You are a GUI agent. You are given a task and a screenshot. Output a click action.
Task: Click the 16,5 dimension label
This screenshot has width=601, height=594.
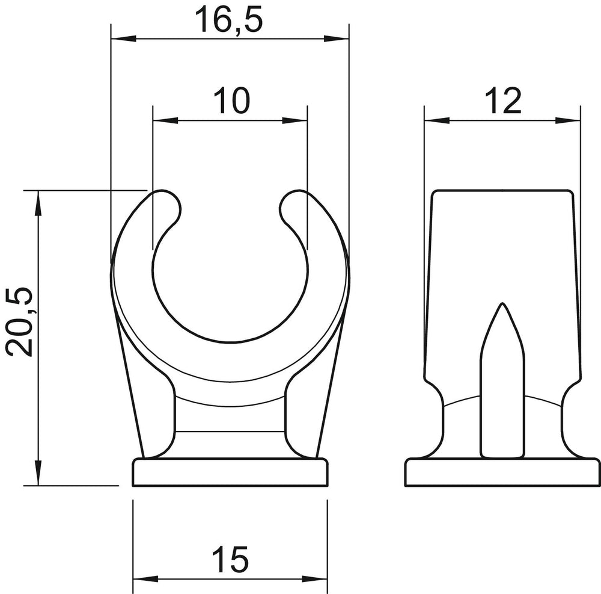pos(229,20)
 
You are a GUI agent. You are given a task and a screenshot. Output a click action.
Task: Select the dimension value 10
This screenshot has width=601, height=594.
pos(231,101)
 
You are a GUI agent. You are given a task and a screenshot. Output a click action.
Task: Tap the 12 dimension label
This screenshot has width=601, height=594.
pos(503,101)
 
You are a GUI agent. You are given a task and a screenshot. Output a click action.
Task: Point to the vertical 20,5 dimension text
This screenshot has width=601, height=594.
pos(19,321)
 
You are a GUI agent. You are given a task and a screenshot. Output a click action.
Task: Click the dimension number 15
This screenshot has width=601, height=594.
pos(230,560)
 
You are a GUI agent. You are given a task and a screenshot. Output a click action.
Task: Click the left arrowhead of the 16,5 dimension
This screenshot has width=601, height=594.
pos(123,39)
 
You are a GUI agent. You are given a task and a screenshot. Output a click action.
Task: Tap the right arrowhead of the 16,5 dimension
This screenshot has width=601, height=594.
pos(337,39)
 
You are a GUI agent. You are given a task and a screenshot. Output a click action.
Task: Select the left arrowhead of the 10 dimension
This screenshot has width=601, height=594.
pos(165,120)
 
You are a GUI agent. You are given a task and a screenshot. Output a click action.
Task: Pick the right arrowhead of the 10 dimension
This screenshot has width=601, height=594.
pos(294,120)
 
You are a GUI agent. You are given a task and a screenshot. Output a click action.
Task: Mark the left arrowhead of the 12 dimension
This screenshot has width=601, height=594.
pos(437,120)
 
